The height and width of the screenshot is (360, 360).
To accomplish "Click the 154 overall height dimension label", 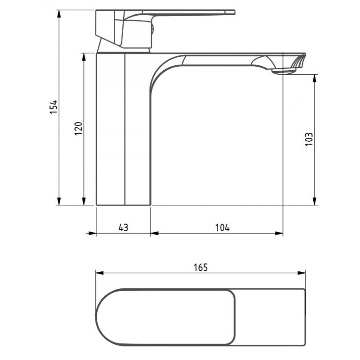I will (54, 107).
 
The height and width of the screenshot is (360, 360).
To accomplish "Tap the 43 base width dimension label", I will (123, 228).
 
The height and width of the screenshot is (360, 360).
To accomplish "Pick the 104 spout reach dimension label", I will (222, 228).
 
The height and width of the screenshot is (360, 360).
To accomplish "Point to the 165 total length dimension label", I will (201, 267).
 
